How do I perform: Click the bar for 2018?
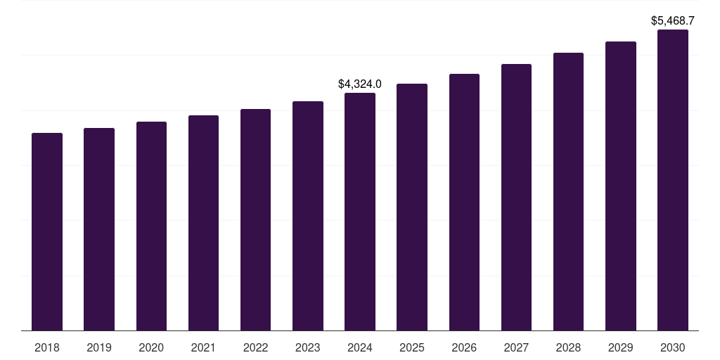point(47,231)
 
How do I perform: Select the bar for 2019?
point(99,229)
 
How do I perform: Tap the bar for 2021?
point(203,223)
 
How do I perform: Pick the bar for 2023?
point(308,216)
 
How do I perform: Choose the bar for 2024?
point(360,212)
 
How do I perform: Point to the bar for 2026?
point(464,202)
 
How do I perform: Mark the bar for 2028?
point(568,191)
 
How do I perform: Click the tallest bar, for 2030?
point(673,180)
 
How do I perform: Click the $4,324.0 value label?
point(360,84)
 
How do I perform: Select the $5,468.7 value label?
point(673,21)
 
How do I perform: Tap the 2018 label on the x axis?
point(47,347)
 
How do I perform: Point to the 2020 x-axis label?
point(151,347)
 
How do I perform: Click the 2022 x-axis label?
point(256,347)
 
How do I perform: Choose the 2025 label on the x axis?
point(412,347)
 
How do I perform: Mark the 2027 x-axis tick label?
point(516,347)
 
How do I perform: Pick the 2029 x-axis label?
point(621,347)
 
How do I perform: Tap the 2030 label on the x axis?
point(673,347)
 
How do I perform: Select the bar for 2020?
point(151,226)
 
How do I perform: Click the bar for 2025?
point(412,207)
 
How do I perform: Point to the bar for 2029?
point(621,186)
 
